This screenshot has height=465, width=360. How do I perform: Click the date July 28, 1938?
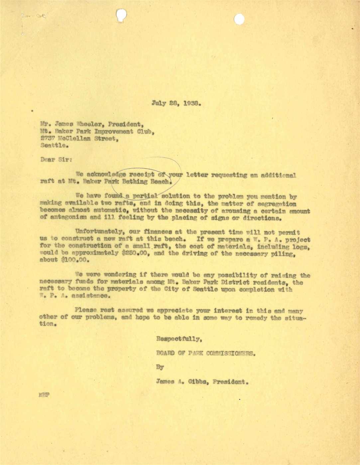click(x=176, y=103)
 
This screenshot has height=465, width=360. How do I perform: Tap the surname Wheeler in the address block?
click(x=89, y=124)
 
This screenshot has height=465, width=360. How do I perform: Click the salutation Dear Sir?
click(x=56, y=159)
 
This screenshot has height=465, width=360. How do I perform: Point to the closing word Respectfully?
click(x=179, y=339)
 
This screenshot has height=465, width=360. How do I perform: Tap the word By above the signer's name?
click(x=160, y=367)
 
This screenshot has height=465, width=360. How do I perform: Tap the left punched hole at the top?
click(x=121, y=15)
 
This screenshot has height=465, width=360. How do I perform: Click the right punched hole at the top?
click(x=239, y=19)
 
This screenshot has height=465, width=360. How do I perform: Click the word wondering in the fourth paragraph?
click(x=120, y=275)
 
